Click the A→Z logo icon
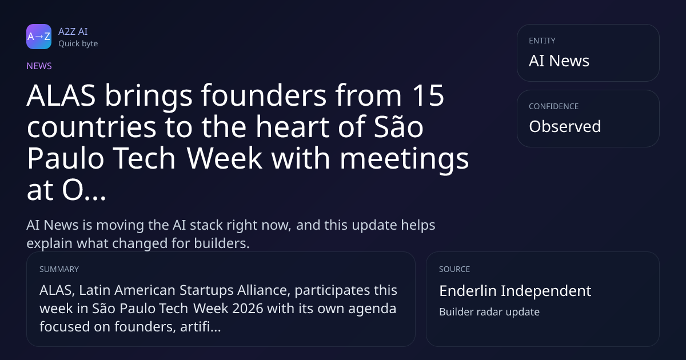pos(39,37)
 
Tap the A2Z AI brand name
pos(73,31)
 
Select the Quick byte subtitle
pos(78,44)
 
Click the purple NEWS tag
pos(39,66)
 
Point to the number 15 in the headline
pos(428,95)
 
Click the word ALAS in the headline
pos(61,95)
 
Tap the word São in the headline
pos(398,126)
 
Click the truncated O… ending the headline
pos(84,190)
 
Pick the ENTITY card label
pos(542,41)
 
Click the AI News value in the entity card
pos(559,61)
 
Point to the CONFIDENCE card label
pos(554,106)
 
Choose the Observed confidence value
pos(565,126)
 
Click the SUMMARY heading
pos(59,269)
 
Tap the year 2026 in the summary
pos(248,309)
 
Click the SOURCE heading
pos(454,269)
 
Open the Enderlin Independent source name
pos(515,291)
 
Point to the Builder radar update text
pos(489,312)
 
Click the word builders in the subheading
pos(222,243)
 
